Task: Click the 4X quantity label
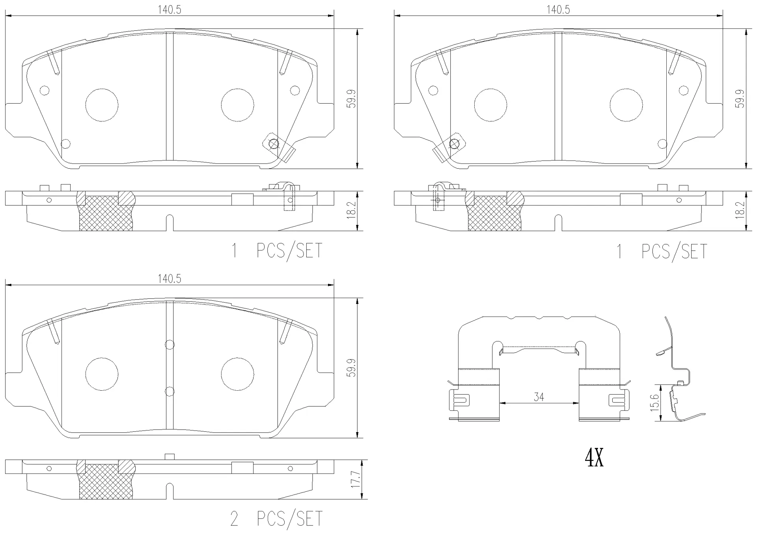coord(594,458)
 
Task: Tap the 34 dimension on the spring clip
coord(539,397)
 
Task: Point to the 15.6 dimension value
coord(654,402)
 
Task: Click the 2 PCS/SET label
coord(276,518)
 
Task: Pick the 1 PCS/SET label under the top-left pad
coord(276,251)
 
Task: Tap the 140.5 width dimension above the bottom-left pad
coord(170,279)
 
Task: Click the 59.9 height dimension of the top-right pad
coord(740,99)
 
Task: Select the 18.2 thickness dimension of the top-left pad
coord(352,211)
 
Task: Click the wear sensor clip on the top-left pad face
coord(279,147)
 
